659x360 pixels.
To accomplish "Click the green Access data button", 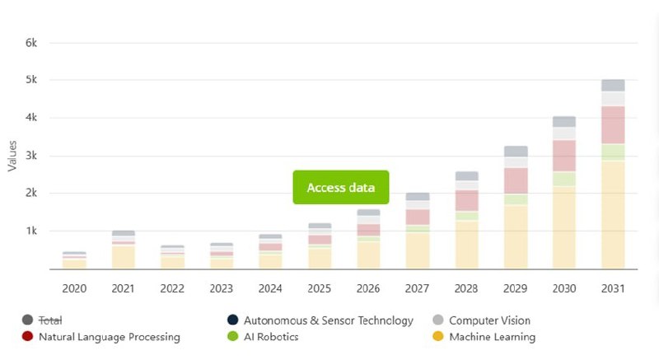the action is click(341, 187).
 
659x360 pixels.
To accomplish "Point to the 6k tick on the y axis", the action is click(31, 43).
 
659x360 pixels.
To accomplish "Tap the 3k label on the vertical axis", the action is click(31, 156).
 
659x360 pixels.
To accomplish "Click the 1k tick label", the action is click(31, 231).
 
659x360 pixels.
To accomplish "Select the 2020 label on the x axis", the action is click(74, 288).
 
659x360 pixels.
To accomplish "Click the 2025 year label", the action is click(319, 288).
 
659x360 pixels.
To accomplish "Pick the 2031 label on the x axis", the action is click(613, 288).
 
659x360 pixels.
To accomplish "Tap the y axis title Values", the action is click(12, 156).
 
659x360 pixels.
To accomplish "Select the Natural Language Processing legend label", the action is click(110, 337).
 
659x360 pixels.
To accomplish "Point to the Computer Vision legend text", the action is click(489, 320).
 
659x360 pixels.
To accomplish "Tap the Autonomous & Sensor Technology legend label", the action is click(328, 320).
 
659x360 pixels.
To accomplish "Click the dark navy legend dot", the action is click(232, 320).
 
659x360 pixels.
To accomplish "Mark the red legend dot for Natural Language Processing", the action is click(27, 336).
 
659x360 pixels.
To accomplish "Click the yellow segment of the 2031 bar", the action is click(613, 215).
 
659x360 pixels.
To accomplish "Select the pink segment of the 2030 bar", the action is click(564, 156).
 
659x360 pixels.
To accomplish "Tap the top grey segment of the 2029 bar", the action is click(516, 152).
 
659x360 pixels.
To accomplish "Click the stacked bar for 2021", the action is click(123, 250).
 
